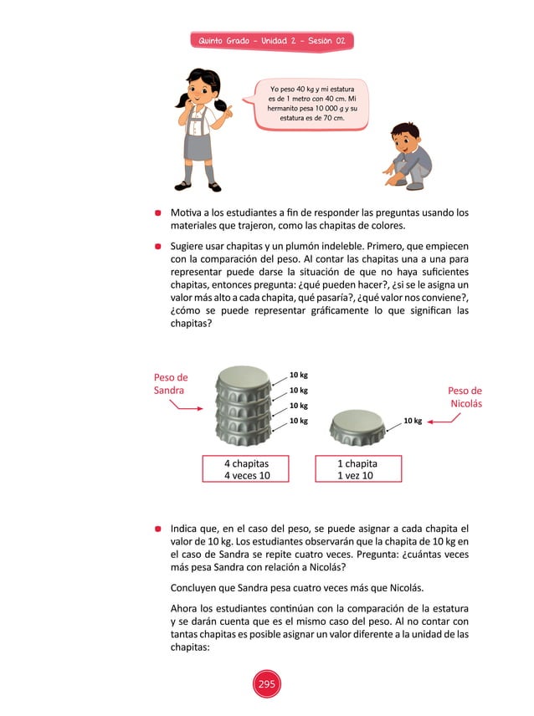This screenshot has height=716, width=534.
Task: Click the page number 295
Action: (x=266, y=685)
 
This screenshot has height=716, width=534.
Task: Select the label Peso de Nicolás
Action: (x=465, y=396)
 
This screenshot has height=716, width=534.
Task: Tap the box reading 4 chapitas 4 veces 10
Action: (x=246, y=469)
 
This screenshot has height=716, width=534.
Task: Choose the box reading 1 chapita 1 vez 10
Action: (x=357, y=469)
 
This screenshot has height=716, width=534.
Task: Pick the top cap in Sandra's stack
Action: (x=244, y=381)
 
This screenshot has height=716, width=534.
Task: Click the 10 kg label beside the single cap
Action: (x=412, y=422)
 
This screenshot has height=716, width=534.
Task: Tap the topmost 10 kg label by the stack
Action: (x=298, y=376)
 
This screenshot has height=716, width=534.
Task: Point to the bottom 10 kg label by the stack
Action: (x=298, y=422)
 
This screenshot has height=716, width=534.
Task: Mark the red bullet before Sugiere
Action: (x=157, y=248)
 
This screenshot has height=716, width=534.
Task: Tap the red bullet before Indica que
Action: (x=157, y=529)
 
